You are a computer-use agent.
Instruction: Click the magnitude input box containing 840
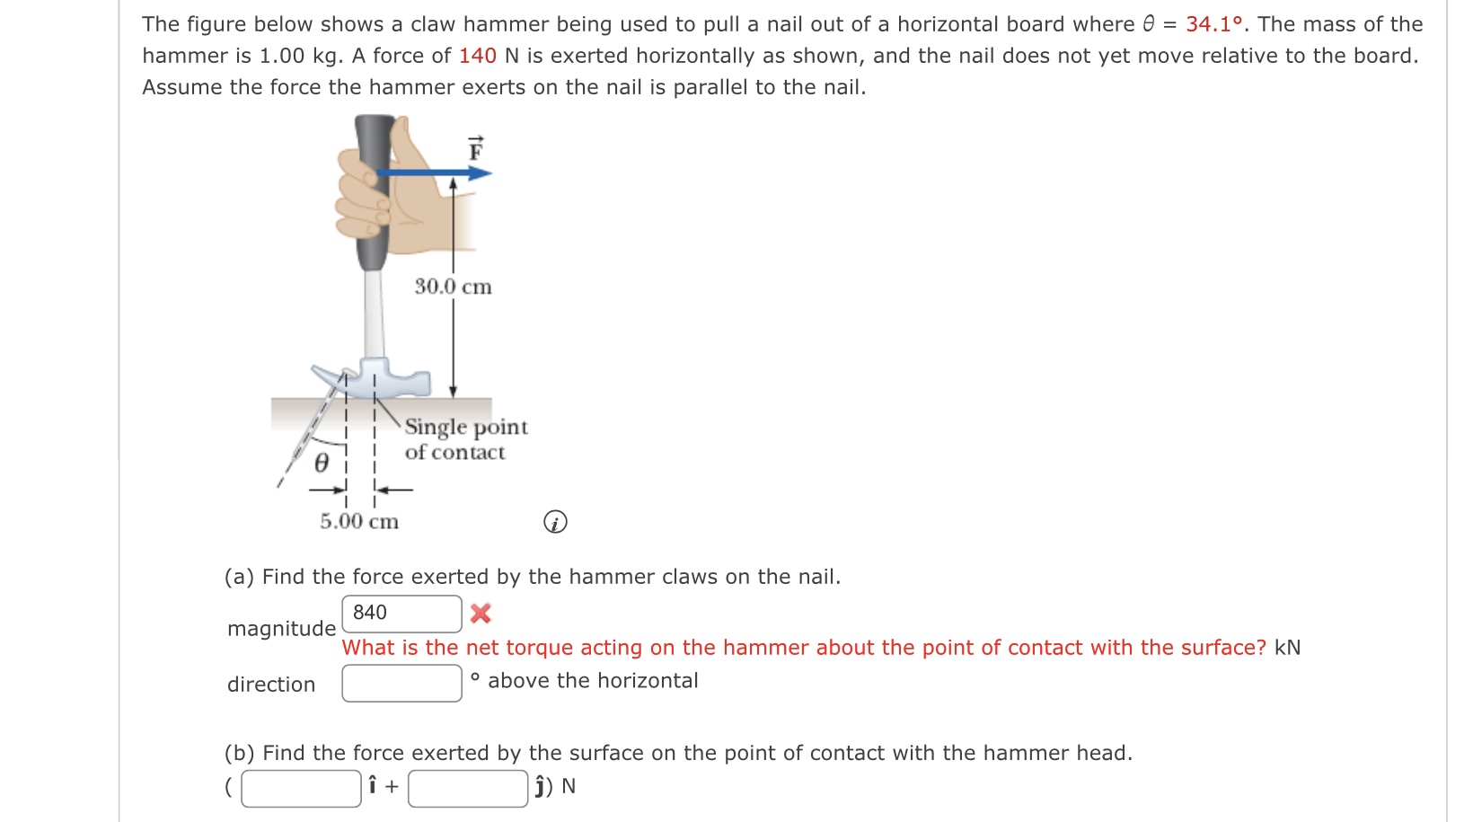[401, 614]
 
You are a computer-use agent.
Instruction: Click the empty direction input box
[401, 684]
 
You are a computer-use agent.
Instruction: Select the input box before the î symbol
[301, 788]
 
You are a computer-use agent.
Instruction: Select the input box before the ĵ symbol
[467, 788]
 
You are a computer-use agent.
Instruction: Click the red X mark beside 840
[481, 614]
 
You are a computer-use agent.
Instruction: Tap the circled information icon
[555, 522]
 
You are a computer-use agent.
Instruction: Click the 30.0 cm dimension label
[453, 287]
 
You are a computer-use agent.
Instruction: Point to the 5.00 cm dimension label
[359, 521]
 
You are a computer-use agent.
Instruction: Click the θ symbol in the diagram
[322, 464]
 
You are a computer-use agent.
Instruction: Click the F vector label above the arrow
[476, 149]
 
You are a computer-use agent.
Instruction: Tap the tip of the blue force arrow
[489, 172]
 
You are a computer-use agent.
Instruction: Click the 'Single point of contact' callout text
[465, 439]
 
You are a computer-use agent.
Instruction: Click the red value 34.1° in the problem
[1214, 24]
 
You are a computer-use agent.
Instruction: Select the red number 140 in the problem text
[477, 56]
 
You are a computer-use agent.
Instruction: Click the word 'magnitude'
[281, 629]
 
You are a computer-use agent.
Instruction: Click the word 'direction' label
[271, 685]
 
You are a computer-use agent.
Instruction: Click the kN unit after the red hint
[1287, 648]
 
